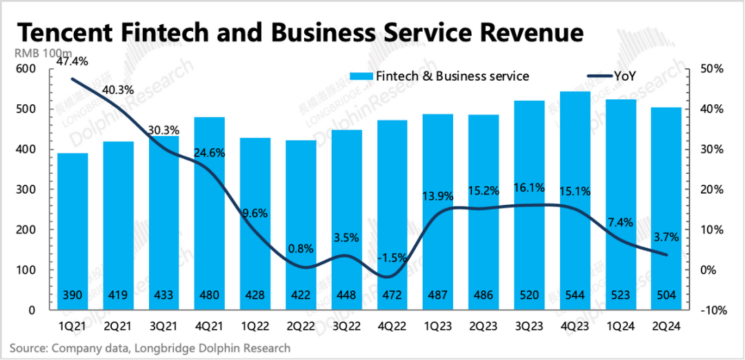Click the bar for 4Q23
pyautogui.click(x=575, y=200)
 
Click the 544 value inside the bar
pyautogui.click(x=575, y=296)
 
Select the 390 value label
pyautogui.click(x=73, y=296)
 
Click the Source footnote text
pyautogui.click(x=150, y=348)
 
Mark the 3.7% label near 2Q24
pyautogui.click(x=666, y=237)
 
